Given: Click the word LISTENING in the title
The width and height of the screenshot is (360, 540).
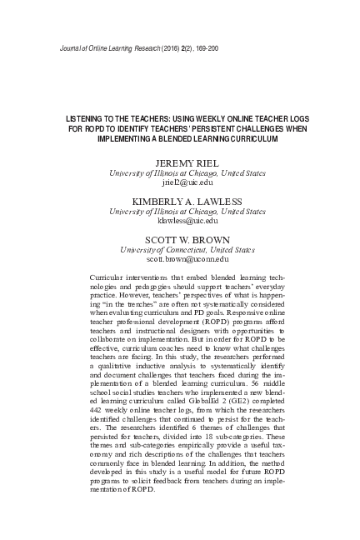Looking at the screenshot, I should click(x=86, y=119).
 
